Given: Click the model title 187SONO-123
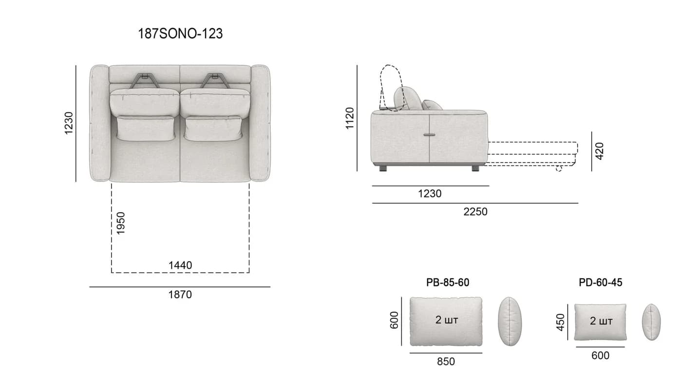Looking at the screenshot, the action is [180, 34].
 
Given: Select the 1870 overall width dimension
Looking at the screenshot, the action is [180, 294].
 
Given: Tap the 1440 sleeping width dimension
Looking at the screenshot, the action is [180, 265].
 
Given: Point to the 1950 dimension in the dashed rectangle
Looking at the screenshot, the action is [121, 223].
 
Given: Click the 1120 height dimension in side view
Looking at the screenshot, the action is [350, 118].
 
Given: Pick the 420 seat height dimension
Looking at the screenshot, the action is [600, 151].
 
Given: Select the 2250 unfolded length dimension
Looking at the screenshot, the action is [475, 212].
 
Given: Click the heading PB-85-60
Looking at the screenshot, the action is [448, 283].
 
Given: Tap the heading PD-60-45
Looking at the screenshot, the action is [600, 283].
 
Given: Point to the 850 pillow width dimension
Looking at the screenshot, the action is [446, 361].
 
